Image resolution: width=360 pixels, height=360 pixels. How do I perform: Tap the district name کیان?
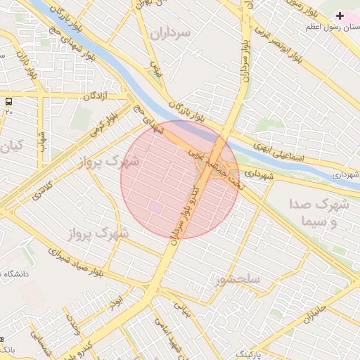pos(12,146)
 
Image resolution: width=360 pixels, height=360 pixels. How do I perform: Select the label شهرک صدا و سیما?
pos(319,213)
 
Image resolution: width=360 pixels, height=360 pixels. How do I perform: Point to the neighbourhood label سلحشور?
pos(239,279)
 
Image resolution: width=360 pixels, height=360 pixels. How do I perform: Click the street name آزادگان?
pos(98,96)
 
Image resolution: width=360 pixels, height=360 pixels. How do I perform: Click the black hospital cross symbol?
pos(340,15)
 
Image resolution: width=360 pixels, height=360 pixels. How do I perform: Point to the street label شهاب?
pos(42,141)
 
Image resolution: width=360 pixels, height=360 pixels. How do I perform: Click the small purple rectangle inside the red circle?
pos(155,207)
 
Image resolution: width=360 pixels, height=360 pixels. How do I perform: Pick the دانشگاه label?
pos(15,274)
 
